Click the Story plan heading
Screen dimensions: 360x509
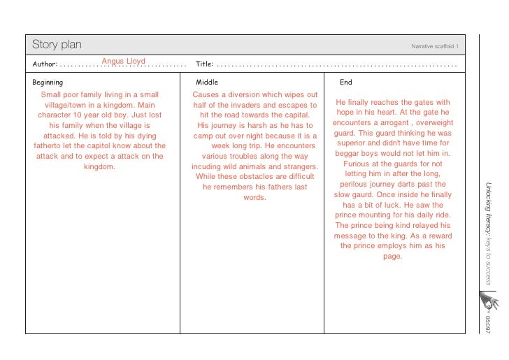pyautogui.click(x=57, y=45)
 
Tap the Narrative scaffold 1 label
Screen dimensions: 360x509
pyautogui.click(x=434, y=46)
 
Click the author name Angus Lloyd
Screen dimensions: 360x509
pyautogui.click(x=124, y=62)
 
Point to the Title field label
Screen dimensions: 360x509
pyautogui.click(x=204, y=64)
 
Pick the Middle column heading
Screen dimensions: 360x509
pyautogui.click(x=207, y=82)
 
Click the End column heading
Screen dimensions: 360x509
pyautogui.click(x=345, y=82)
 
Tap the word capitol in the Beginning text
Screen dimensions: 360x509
pyautogui.click(x=104, y=146)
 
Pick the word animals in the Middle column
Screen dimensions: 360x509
pyautogui.click(x=252, y=167)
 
